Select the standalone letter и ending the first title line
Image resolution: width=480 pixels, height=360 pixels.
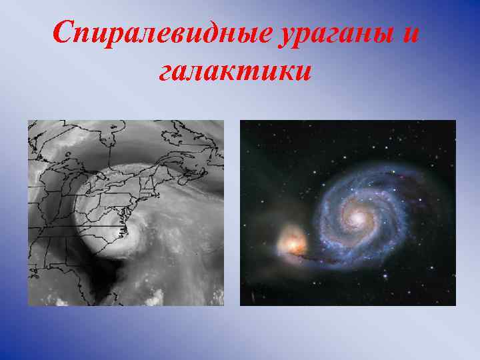pos(411,33)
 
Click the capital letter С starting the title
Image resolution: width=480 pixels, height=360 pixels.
pos(63,33)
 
